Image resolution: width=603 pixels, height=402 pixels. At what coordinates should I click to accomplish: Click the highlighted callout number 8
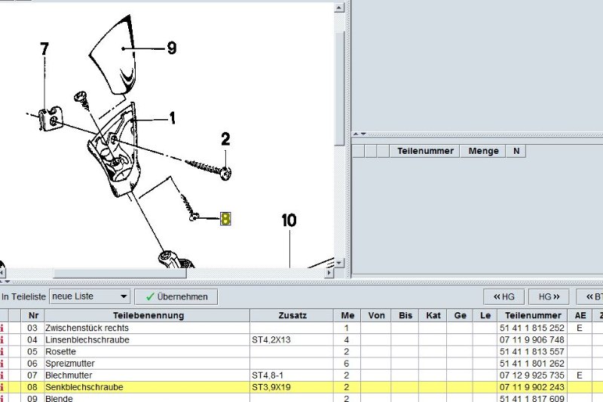[225, 219]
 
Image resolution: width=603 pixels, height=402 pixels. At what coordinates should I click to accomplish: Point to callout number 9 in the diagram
[172, 48]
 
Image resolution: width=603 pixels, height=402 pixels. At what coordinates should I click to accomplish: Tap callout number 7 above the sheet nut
[44, 49]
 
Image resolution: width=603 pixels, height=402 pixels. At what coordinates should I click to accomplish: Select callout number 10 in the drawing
[289, 220]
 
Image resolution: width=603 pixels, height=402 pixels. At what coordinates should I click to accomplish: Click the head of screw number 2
[225, 173]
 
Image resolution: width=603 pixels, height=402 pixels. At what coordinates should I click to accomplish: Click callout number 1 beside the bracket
[173, 118]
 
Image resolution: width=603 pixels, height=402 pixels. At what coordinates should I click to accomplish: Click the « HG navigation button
[504, 296]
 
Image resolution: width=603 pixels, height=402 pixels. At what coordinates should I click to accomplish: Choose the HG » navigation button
[549, 296]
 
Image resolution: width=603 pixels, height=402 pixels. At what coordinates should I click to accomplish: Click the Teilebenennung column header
[148, 315]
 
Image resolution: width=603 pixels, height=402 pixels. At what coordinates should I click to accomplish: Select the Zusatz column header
[292, 315]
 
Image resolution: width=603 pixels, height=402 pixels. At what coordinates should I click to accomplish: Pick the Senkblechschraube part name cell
[84, 387]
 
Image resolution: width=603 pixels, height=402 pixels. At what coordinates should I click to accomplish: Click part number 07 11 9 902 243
[532, 387]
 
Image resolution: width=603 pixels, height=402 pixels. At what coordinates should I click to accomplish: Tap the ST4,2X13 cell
[271, 340]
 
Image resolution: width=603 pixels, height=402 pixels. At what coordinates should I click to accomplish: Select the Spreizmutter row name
[70, 364]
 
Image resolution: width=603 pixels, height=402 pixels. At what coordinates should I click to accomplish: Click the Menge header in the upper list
[483, 151]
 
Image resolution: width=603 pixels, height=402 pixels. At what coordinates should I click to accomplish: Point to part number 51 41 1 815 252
[532, 328]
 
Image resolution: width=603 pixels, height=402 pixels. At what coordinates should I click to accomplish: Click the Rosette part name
[61, 351]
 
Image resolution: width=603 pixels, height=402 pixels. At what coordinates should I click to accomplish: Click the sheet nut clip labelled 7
[51, 118]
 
